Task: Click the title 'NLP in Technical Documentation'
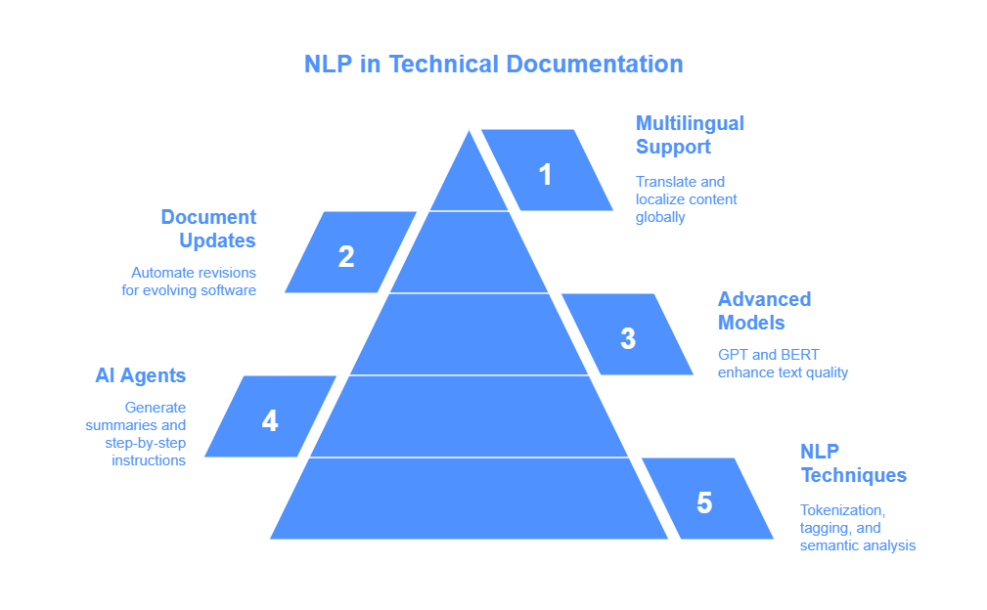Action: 493,65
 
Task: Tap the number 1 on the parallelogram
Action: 546,174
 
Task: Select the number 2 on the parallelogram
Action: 346,256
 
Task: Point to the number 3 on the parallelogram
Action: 628,338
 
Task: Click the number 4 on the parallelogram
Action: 270,420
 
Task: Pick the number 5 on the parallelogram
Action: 704,503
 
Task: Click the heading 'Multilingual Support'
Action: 690,135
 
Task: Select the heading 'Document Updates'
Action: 208,229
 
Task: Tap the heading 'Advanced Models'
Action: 764,311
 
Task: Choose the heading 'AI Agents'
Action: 140,375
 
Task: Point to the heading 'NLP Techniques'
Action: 853,462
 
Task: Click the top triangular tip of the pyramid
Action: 469,131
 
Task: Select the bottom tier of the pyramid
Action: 469,499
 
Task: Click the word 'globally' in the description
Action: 660,217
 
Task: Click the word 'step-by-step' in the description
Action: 146,443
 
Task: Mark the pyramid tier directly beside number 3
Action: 469,334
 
